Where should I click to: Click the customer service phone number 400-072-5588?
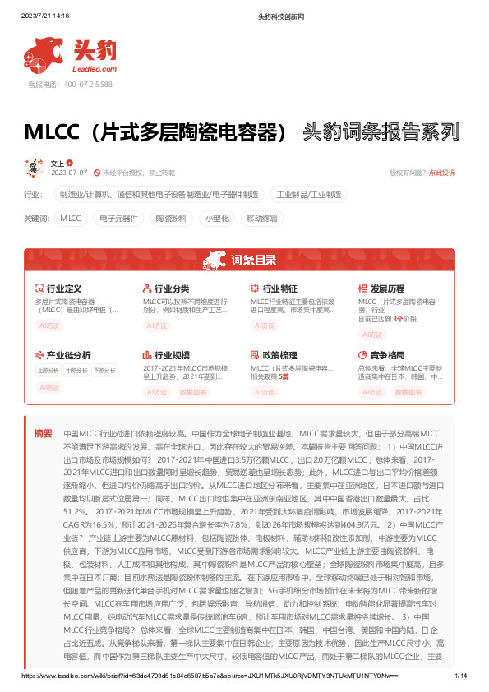(82, 85)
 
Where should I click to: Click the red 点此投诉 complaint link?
(442, 173)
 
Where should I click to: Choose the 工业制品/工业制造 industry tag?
(309, 195)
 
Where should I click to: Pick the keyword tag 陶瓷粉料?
(171, 218)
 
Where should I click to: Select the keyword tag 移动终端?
(262, 218)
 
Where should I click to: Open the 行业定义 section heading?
(63, 289)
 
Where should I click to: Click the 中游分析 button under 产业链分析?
(76, 371)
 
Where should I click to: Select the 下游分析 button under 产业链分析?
(104, 371)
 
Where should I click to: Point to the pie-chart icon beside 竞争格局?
(363, 354)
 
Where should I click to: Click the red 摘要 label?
(43, 432)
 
